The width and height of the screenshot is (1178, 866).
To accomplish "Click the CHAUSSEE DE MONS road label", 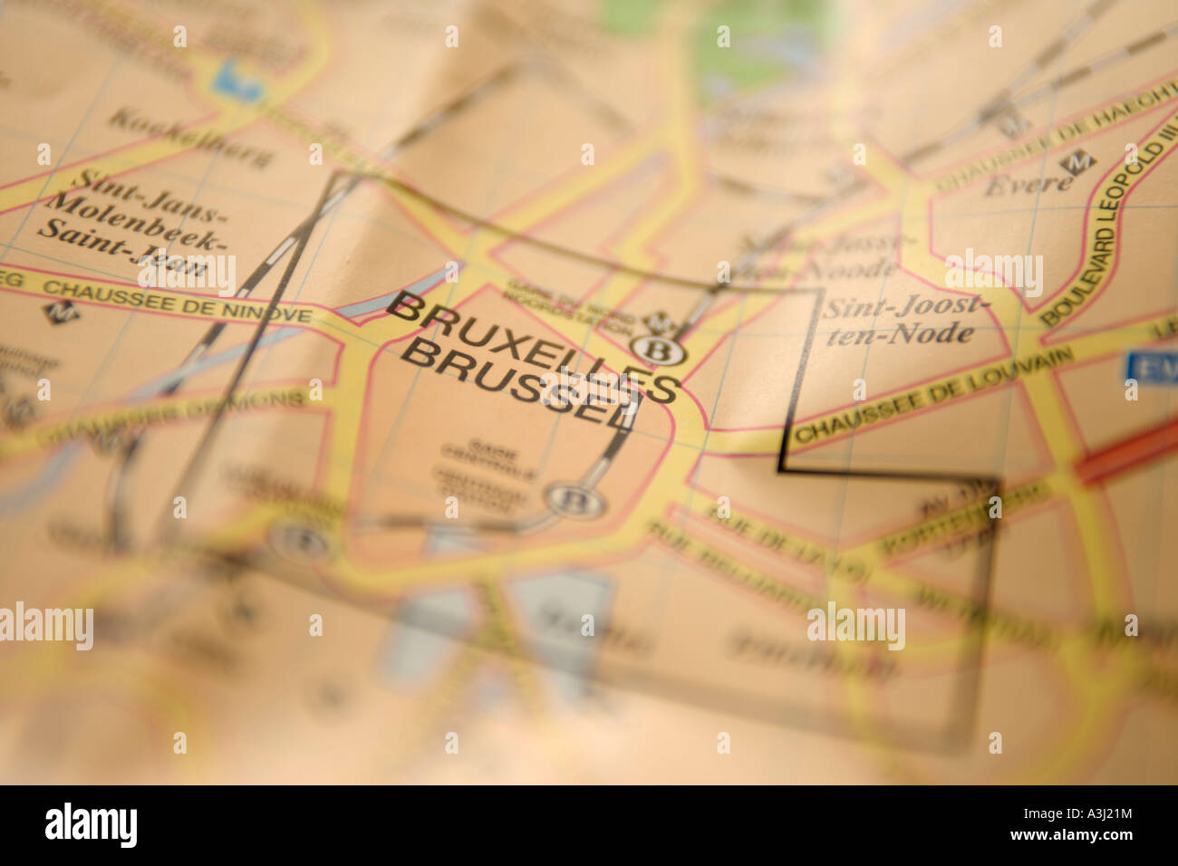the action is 172,419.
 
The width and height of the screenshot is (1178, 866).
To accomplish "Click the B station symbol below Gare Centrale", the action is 567,497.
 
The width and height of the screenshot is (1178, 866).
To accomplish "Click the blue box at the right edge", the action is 1151,367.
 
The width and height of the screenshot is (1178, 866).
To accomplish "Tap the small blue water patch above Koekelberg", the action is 236,80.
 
